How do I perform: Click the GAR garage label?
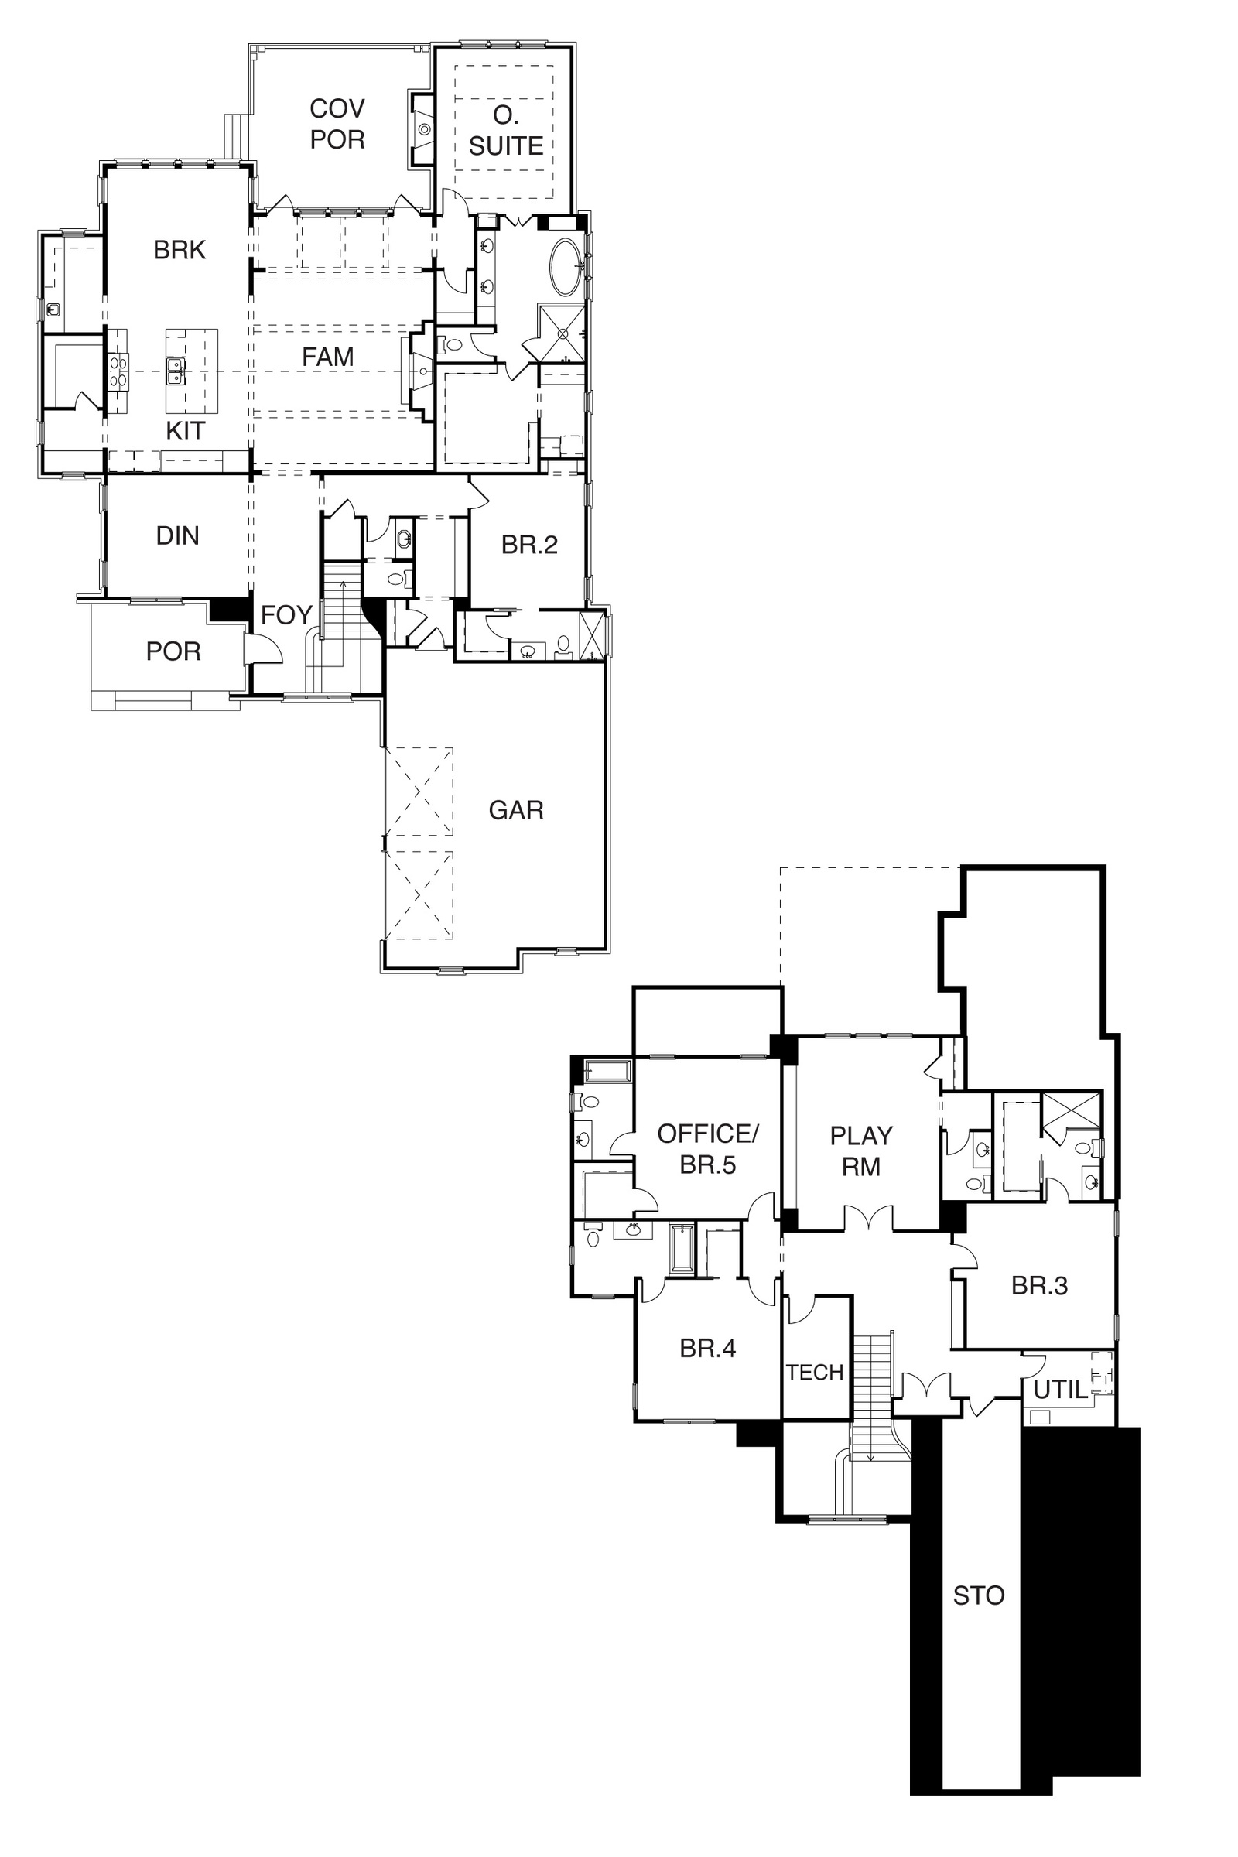coord(516,810)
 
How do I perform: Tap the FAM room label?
coord(327,357)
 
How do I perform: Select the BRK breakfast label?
coord(180,249)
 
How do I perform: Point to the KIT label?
coord(186,430)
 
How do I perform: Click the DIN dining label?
coord(178,536)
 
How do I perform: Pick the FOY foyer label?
coord(286,615)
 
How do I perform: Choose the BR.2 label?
coord(530,545)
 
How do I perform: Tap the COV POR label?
coord(337,123)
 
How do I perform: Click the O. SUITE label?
coord(506,130)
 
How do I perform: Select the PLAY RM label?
coord(861,1151)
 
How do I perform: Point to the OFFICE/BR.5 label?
coord(708,1150)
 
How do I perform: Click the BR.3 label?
coord(1040,1286)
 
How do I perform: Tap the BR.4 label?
coord(708,1349)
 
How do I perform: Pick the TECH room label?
coord(816,1373)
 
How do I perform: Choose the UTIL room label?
coord(1061,1390)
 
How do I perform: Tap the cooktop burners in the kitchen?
coord(118,371)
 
